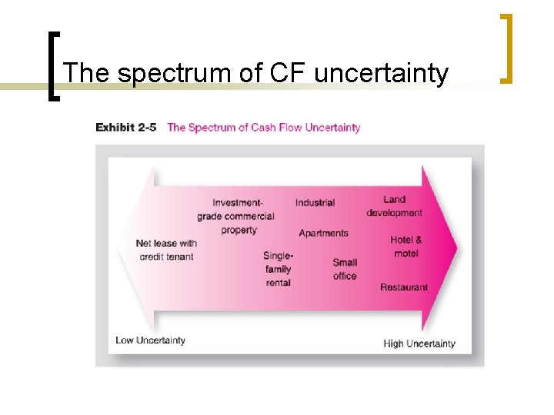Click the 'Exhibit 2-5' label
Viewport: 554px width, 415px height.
click(125, 128)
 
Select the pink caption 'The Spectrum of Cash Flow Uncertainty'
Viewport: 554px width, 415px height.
click(263, 128)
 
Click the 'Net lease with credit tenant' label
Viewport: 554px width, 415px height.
click(166, 250)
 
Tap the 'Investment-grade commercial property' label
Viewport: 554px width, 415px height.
click(236, 216)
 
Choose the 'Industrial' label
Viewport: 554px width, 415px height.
click(315, 203)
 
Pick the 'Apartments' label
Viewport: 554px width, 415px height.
click(323, 233)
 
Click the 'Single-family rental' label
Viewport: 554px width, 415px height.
click(278, 269)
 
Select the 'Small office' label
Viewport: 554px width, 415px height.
click(345, 269)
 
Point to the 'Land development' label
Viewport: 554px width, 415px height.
click(394, 206)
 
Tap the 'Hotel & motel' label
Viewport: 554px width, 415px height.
click(405, 247)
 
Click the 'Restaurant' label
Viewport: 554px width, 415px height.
click(404, 287)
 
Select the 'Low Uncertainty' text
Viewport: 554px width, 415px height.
click(150, 340)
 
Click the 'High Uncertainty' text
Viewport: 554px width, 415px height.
click(419, 344)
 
